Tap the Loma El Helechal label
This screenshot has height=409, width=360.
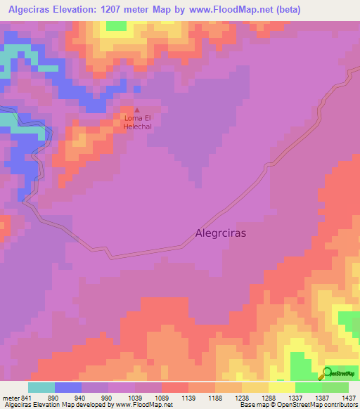pyautogui.click(x=138, y=122)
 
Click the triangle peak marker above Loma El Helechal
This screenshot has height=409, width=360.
pyautogui.click(x=137, y=110)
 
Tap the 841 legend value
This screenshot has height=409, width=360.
pyautogui.click(x=23, y=397)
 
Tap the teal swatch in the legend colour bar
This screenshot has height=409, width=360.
pyautogui.click(x=41, y=387)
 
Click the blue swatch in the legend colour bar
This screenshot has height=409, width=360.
pyautogui.click(x=67, y=387)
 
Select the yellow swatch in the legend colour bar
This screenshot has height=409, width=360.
pyautogui.click(x=281, y=387)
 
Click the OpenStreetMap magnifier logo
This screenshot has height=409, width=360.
pyautogui.click(x=327, y=372)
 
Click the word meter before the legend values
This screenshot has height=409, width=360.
pyautogui.click(x=8, y=397)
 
